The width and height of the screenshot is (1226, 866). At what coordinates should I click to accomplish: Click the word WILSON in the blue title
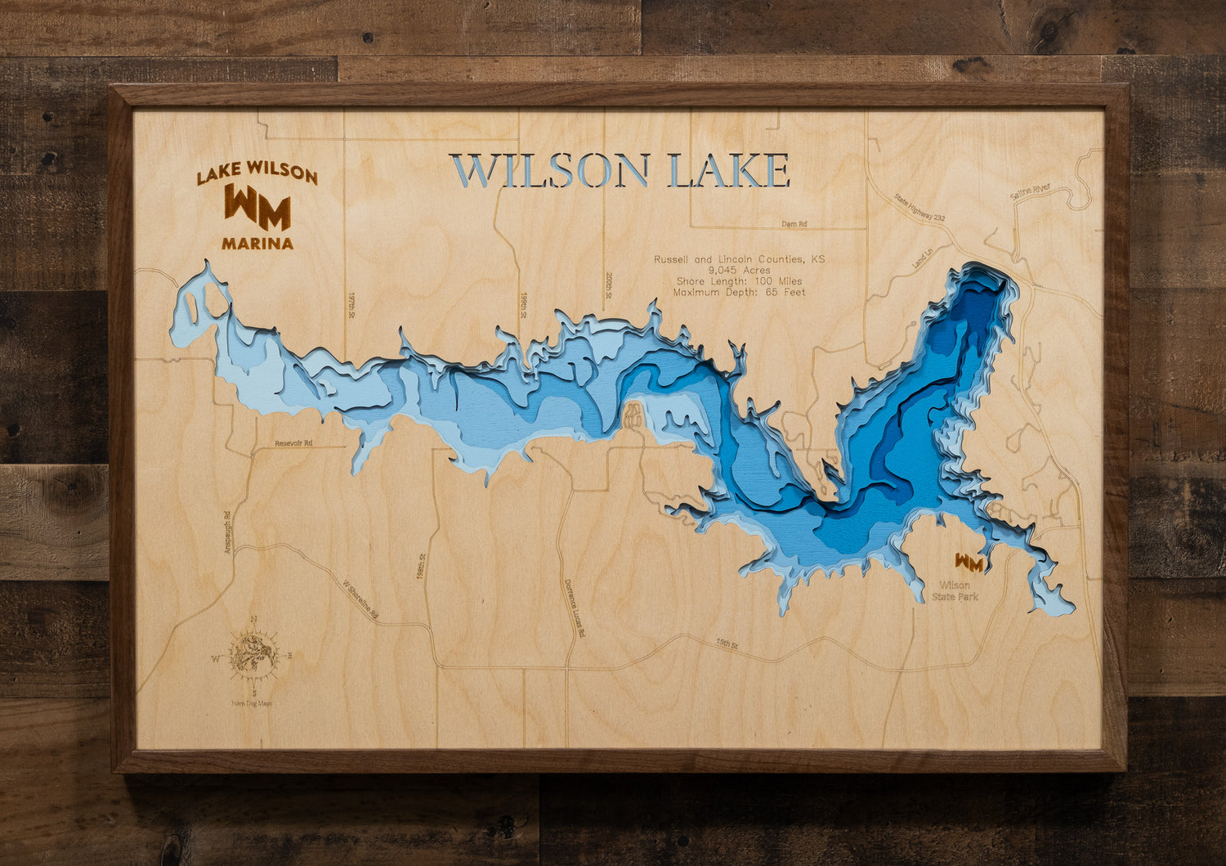click(x=550, y=171)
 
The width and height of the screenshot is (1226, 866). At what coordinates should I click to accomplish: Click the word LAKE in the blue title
click(x=729, y=171)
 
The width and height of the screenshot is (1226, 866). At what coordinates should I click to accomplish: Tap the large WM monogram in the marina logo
click(x=257, y=208)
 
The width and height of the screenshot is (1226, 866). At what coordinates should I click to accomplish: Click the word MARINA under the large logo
click(x=257, y=243)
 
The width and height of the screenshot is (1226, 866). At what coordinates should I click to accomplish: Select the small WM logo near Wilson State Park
click(x=969, y=563)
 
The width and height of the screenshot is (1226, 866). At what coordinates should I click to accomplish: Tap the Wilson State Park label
click(x=955, y=590)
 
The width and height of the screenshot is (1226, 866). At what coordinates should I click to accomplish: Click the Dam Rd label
click(x=794, y=223)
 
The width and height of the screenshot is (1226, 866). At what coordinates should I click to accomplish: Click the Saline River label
click(x=1030, y=191)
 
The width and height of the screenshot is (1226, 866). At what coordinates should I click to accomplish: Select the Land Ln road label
click(x=923, y=261)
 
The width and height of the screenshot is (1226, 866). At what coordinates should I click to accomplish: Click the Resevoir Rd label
click(x=294, y=443)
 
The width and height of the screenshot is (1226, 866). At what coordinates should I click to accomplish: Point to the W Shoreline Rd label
click(x=360, y=602)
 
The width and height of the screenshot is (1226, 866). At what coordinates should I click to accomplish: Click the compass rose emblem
click(x=253, y=655)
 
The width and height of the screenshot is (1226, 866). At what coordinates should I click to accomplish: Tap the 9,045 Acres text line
click(x=739, y=270)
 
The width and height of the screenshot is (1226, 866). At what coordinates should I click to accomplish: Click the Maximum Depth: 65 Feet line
click(x=739, y=292)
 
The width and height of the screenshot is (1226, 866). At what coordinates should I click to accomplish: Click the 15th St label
click(x=727, y=645)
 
